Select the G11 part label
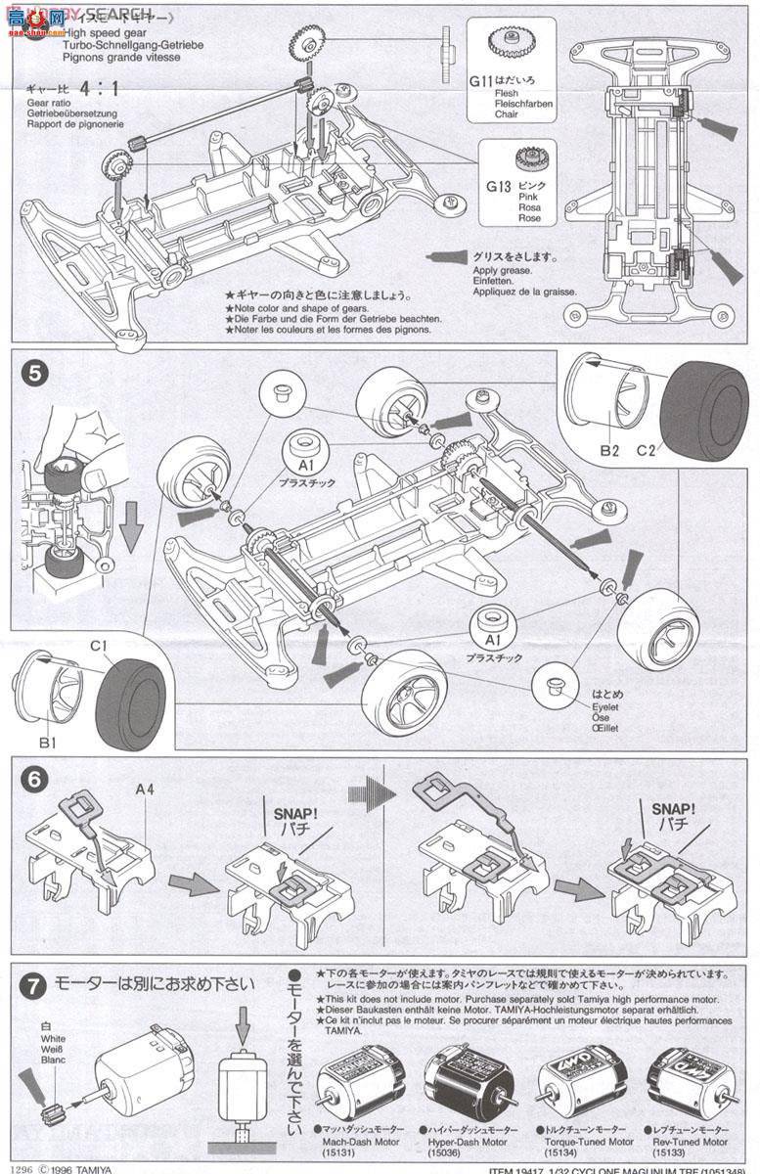(x=480, y=83)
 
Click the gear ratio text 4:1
(x=99, y=89)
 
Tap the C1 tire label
(x=98, y=647)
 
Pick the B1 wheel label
(x=48, y=743)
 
